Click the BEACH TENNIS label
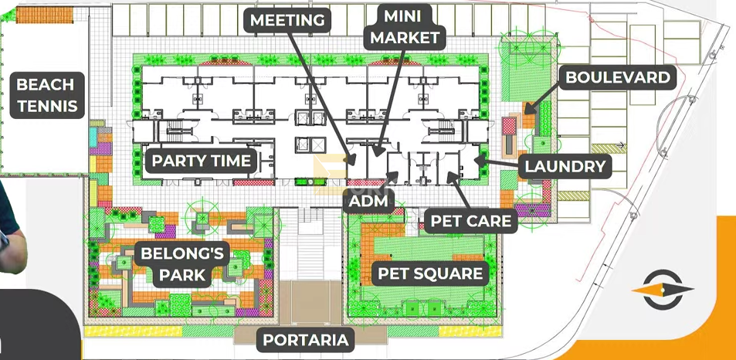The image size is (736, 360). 47,95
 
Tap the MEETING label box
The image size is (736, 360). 287,20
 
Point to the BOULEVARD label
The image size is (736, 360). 618,77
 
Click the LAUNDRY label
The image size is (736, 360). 565,166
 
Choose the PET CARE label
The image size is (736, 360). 471,221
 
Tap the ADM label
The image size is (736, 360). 368,202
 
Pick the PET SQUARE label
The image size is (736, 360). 430,273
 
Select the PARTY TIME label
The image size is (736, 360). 202,161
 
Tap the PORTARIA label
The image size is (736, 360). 306,340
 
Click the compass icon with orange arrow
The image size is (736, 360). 663,290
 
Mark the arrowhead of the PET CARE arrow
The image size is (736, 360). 449,176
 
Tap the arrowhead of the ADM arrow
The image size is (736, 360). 395,175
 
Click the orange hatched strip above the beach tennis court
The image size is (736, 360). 45,15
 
